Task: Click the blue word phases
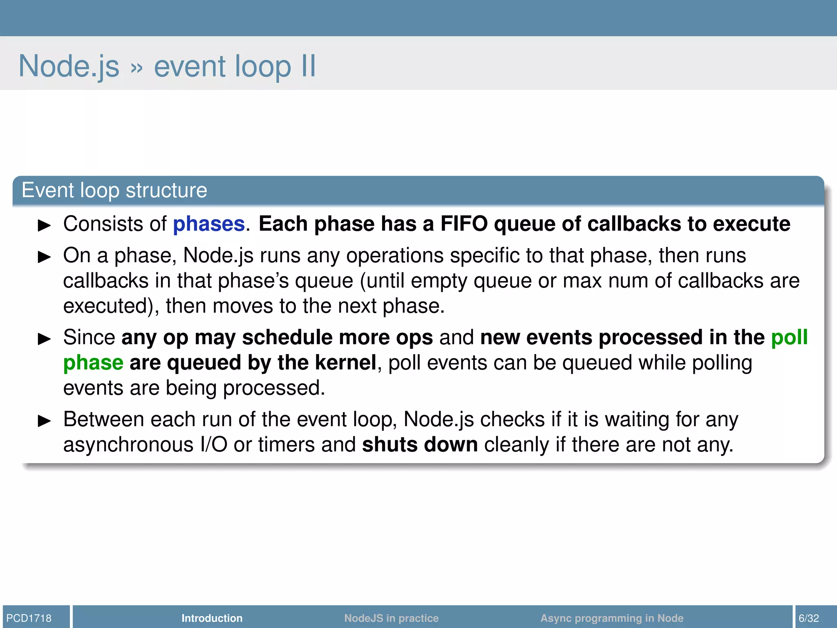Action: pyautogui.click(x=208, y=224)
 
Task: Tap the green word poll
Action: pyautogui.click(x=789, y=338)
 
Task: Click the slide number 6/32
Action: pyautogui.click(x=809, y=618)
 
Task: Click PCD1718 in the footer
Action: pyautogui.click(x=29, y=618)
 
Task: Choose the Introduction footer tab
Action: pyautogui.click(x=212, y=618)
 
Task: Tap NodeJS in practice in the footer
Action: pyautogui.click(x=391, y=618)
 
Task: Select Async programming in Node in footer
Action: pyautogui.click(x=611, y=618)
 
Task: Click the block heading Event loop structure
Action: pyautogui.click(x=114, y=191)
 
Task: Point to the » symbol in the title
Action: pyautogui.click(x=137, y=68)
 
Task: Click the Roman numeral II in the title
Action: pyautogui.click(x=309, y=66)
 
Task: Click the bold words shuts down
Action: pyautogui.click(x=420, y=444)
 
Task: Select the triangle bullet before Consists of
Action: pyautogui.click(x=44, y=225)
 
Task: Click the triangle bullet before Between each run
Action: pyautogui.click(x=44, y=421)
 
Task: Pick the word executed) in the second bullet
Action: pyautogui.click(x=111, y=306)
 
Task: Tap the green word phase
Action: pyautogui.click(x=93, y=363)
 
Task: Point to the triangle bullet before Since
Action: pyautogui.click(x=44, y=339)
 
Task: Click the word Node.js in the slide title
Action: pyautogui.click(x=69, y=66)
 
